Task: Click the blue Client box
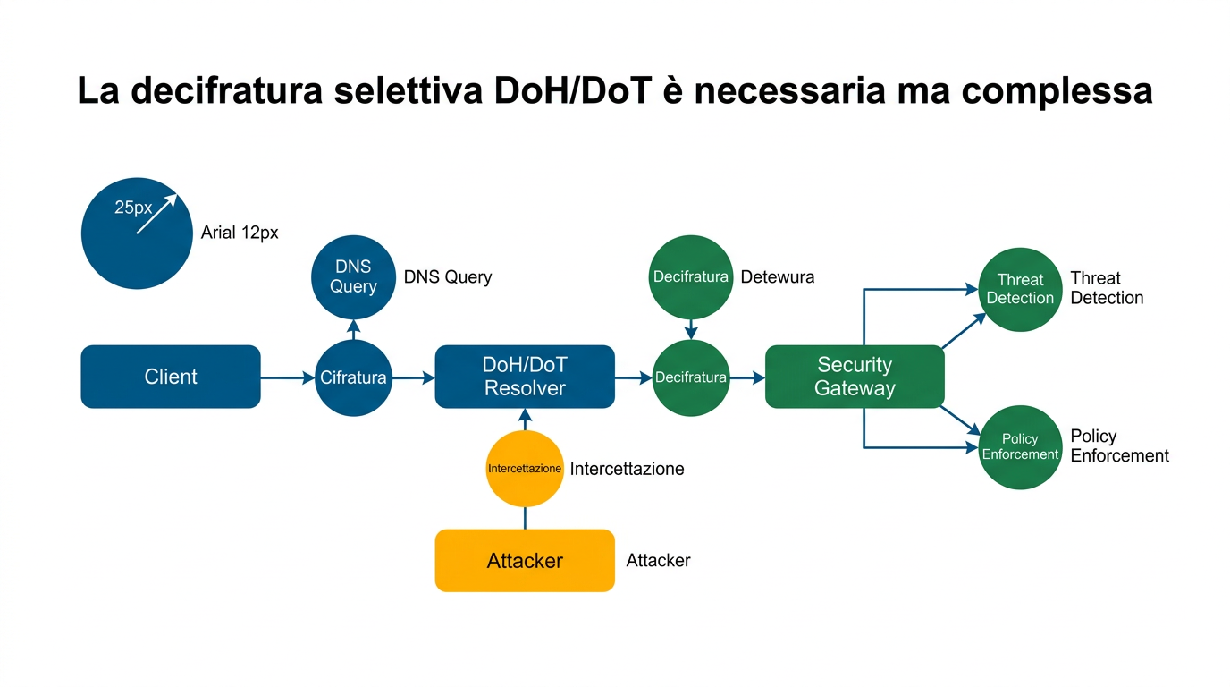(x=170, y=377)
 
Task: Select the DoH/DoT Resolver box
(x=525, y=377)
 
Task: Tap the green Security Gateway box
(x=855, y=377)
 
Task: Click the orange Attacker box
(x=525, y=561)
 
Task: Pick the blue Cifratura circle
(x=353, y=377)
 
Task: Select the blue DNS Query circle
(x=353, y=276)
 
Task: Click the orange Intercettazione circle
(x=525, y=469)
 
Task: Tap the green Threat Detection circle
(x=1020, y=289)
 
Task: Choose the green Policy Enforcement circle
(x=1020, y=446)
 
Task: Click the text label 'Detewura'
(x=777, y=277)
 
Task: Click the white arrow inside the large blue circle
(x=157, y=215)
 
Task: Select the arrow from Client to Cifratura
(x=287, y=378)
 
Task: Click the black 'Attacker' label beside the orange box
(x=658, y=561)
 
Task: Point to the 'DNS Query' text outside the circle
(x=447, y=277)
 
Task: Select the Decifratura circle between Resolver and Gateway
(x=690, y=377)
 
